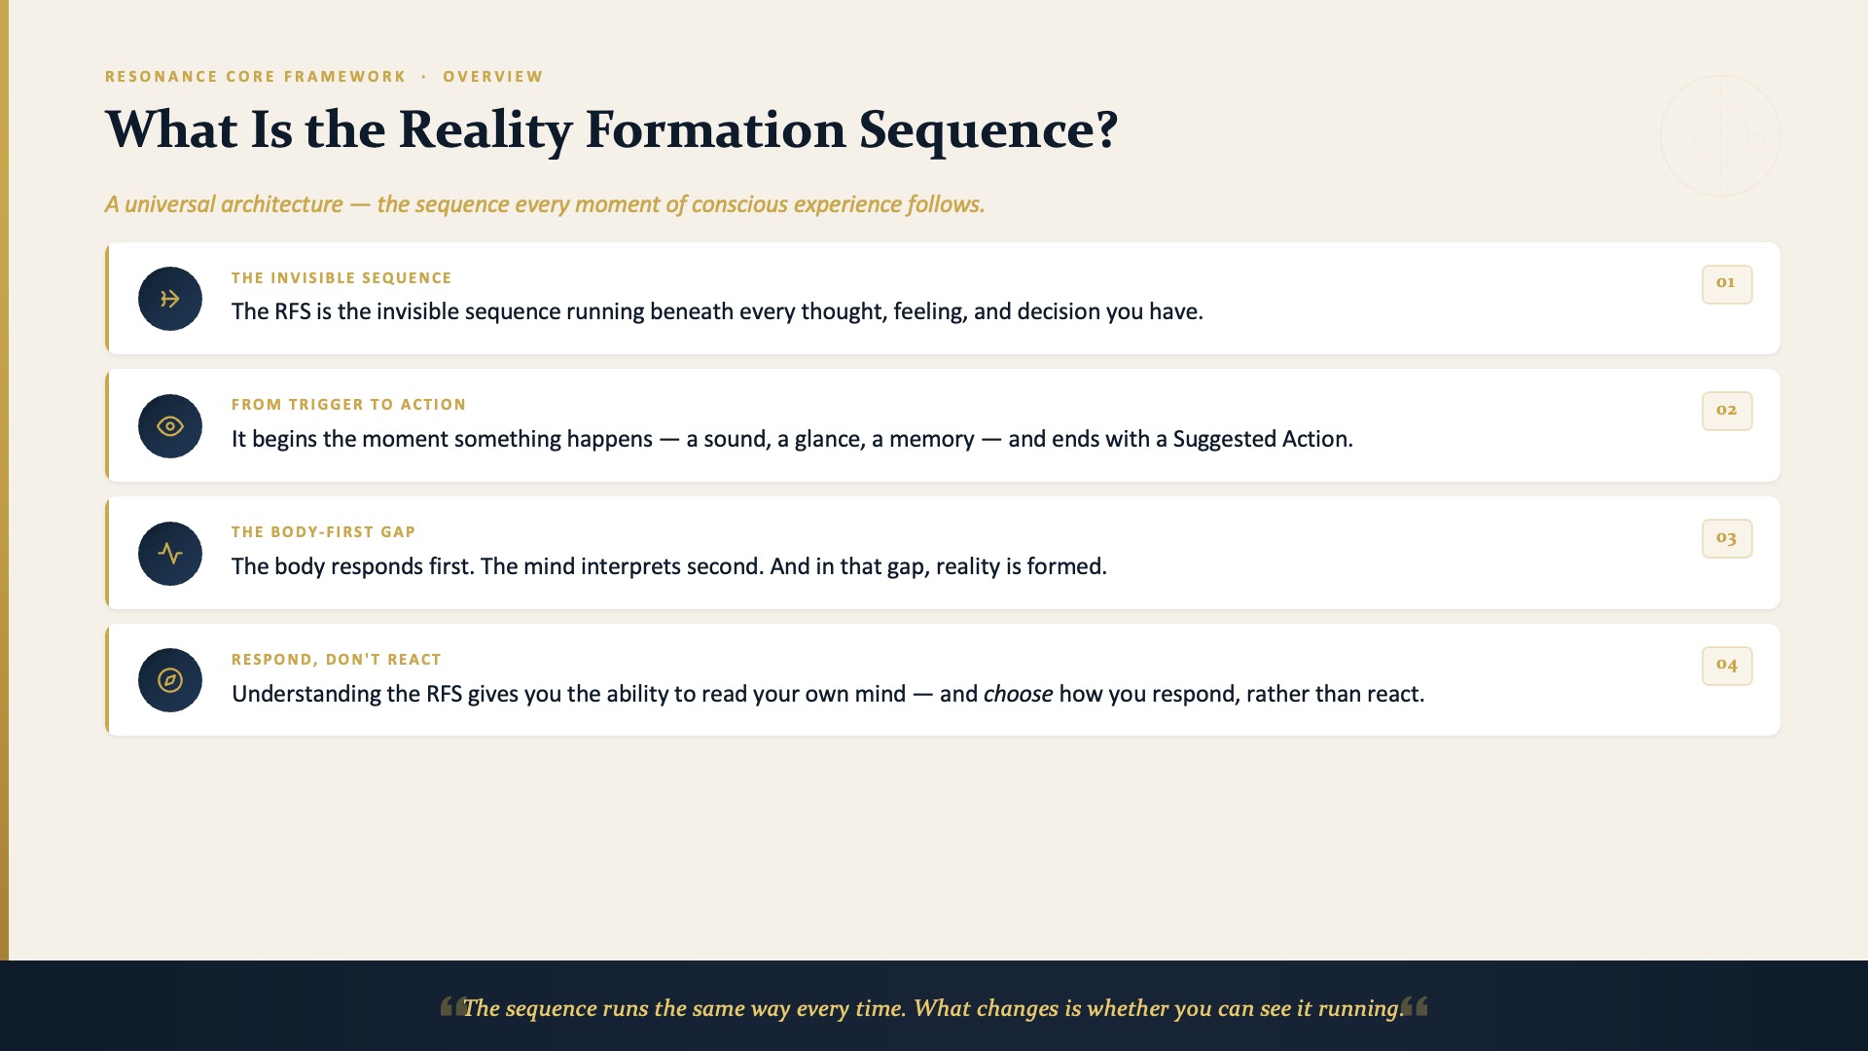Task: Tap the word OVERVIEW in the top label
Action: pyautogui.click(x=493, y=77)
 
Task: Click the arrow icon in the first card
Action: pyautogui.click(x=170, y=299)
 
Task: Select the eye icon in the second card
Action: pyautogui.click(x=170, y=426)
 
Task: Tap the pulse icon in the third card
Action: pyautogui.click(x=170, y=554)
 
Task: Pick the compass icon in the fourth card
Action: pyautogui.click(x=170, y=680)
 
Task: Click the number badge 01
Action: pyautogui.click(x=1727, y=284)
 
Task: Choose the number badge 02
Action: pyautogui.click(x=1727, y=411)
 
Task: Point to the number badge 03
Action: pyautogui.click(x=1727, y=538)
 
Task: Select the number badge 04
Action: pyautogui.click(x=1727, y=666)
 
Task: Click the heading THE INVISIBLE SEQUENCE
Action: pyautogui.click(x=341, y=278)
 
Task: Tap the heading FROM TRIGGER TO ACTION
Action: pyautogui.click(x=348, y=405)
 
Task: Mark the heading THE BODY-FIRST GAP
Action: pyautogui.click(x=323, y=532)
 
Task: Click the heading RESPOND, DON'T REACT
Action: pyautogui.click(x=337, y=660)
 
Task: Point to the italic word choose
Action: pyautogui.click(x=1018, y=694)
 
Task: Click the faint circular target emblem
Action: pyautogui.click(x=1720, y=135)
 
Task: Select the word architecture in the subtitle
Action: pyautogui.click(x=282, y=204)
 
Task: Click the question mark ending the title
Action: pyautogui.click(x=1107, y=129)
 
